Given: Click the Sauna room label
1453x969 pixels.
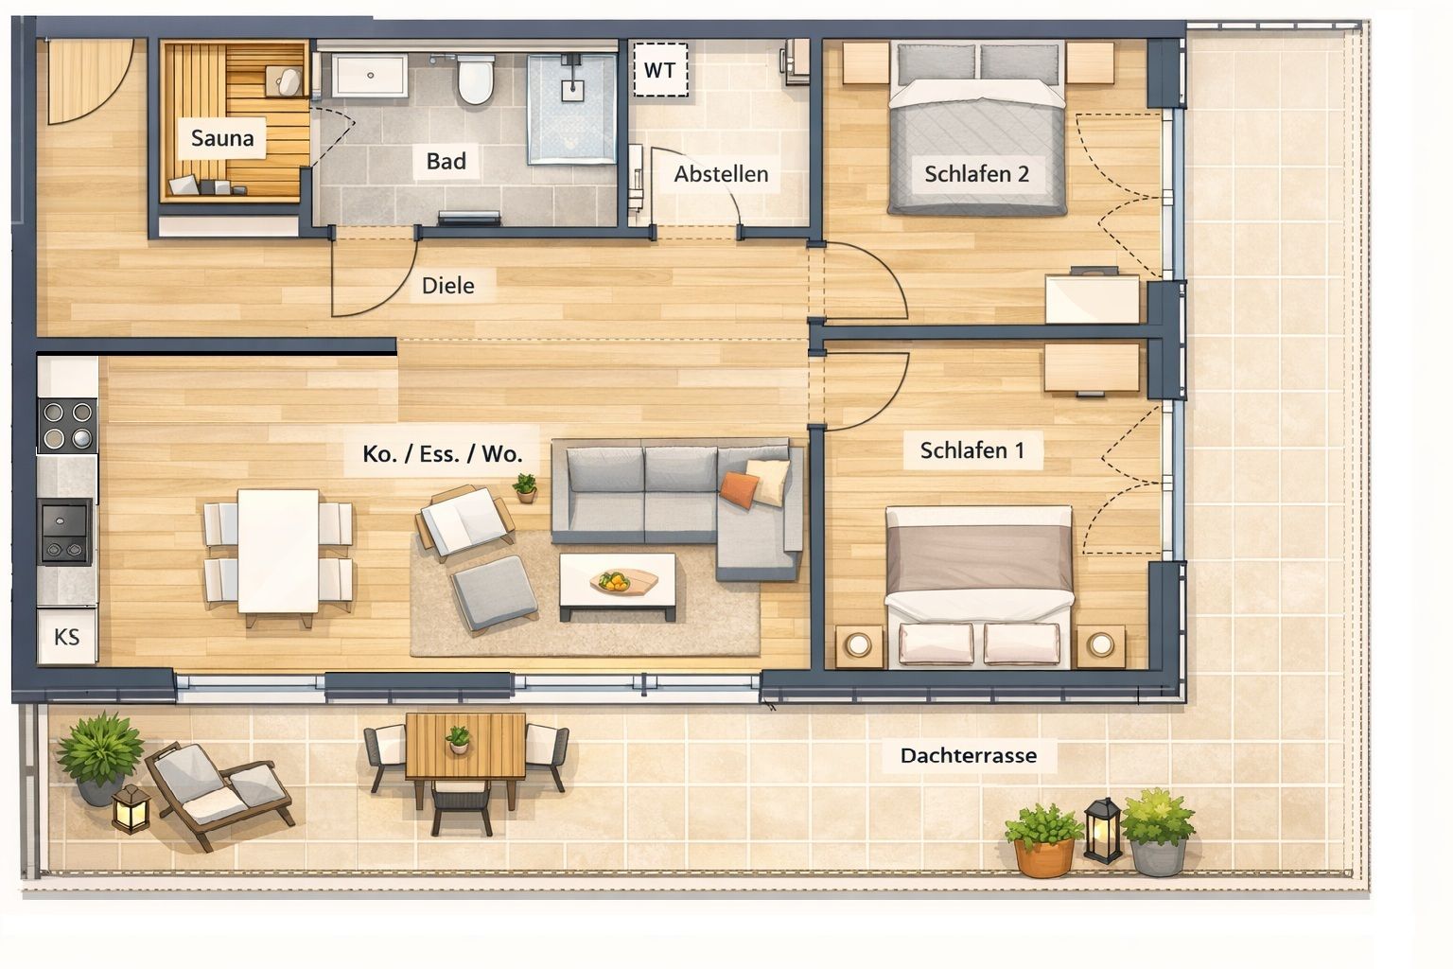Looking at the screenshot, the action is (x=222, y=138).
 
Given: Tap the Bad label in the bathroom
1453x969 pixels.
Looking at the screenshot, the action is (x=446, y=161).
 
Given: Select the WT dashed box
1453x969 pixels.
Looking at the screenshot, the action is (x=660, y=70).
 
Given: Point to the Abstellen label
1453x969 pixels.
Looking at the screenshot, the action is (x=722, y=174).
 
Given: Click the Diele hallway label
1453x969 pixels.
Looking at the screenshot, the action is (x=447, y=286).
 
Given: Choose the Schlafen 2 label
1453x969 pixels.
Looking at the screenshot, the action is (x=977, y=174).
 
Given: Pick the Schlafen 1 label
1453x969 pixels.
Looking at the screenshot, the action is (x=972, y=450).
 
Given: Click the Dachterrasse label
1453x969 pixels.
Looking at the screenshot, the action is (x=969, y=755).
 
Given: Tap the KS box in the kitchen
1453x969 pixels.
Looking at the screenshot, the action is (x=67, y=637).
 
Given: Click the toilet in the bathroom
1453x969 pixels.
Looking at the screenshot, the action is (x=476, y=79).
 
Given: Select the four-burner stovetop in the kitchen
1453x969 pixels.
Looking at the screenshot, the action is (x=67, y=425).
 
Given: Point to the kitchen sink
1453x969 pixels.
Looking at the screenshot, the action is (x=65, y=532).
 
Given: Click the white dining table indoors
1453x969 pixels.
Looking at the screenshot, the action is (x=278, y=551).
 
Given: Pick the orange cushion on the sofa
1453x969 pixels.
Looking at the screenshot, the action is (x=740, y=488).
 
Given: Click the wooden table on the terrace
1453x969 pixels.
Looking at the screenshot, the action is (x=465, y=747).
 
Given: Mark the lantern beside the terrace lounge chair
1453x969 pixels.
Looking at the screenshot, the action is (x=131, y=808).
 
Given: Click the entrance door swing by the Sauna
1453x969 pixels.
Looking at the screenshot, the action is (x=90, y=80).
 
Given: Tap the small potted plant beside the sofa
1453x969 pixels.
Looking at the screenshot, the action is (x=525, y=488).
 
